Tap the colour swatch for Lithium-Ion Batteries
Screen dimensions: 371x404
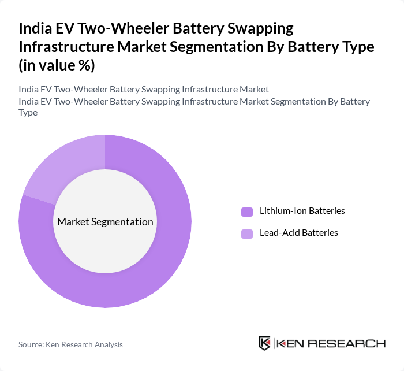pyautogui.click(x=247, y=212)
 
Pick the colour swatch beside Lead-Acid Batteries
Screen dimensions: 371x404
pyautogui.click(x=247, y=233)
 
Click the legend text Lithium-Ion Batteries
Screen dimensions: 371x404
pyautogui.click(x=302, y=211)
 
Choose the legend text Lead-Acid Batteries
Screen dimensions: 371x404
pyautogui.click(x=298, y=233)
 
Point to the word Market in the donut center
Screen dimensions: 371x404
pyautogui.click(x=73, y=222)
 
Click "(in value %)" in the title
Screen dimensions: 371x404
pyautogui.click(x=57, y=65)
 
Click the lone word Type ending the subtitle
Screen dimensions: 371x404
pyautogui.click(x=28, y=113)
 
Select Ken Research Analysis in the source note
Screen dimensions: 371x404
pyautogui.click(x=86, y=344)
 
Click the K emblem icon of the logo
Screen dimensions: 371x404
pyautogui.click(x=265, y=343)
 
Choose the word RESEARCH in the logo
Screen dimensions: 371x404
pyautogui.click(x=347, y=344)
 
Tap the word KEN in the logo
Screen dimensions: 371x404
pyautogui.click(x=291, y=344)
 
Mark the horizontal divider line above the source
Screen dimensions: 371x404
pyautogui.click(x=202, y=322)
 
